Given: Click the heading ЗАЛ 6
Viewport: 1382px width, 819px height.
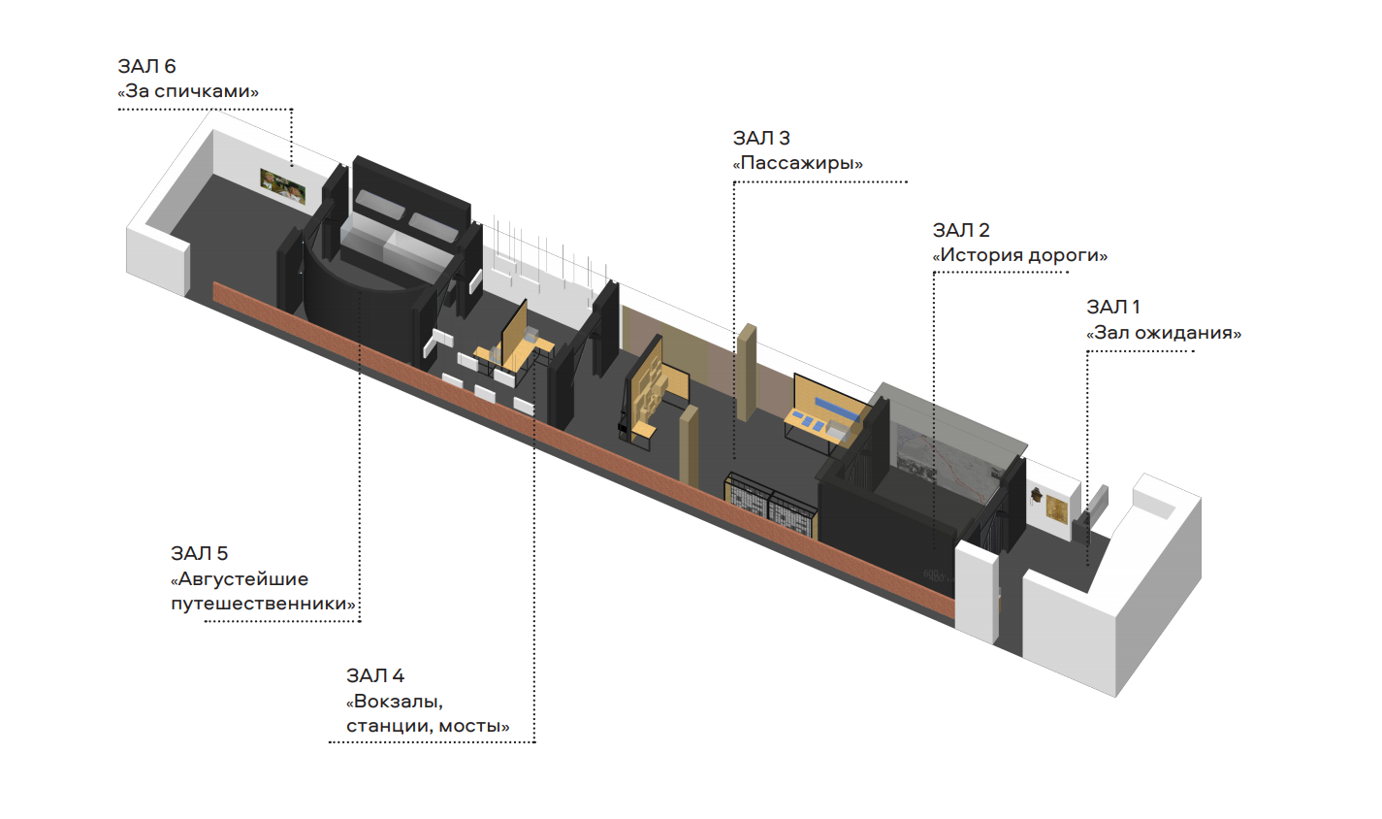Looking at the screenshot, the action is [146, 66].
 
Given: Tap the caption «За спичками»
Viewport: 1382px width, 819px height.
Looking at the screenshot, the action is [188, 91].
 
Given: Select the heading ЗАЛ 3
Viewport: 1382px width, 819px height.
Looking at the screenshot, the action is [761, 138].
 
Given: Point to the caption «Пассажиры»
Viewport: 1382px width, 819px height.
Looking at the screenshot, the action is [798, 164].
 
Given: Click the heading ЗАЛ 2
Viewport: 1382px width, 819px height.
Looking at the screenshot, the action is [961, 230].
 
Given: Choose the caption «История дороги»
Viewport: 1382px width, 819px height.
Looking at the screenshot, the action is [1020, 255].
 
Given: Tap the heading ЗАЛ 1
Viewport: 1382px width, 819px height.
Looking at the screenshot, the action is [1113, 307].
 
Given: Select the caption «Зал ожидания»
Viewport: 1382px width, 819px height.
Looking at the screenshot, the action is [1164, 333].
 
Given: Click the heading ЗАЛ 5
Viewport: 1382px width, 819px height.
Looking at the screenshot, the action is [199, 554].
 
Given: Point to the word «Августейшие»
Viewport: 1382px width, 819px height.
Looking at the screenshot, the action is [240, 579].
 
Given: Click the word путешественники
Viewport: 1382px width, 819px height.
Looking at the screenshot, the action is [264, 604].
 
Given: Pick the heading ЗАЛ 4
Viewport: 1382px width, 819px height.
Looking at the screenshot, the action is [375, 675].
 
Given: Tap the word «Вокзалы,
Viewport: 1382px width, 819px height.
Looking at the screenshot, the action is [395, 702].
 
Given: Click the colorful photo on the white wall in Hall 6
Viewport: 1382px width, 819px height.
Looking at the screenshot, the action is [283, 186].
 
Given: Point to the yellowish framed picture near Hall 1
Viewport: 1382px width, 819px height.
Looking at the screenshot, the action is [1057, 509].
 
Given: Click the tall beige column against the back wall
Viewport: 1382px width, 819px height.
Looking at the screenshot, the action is [747, 373].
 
